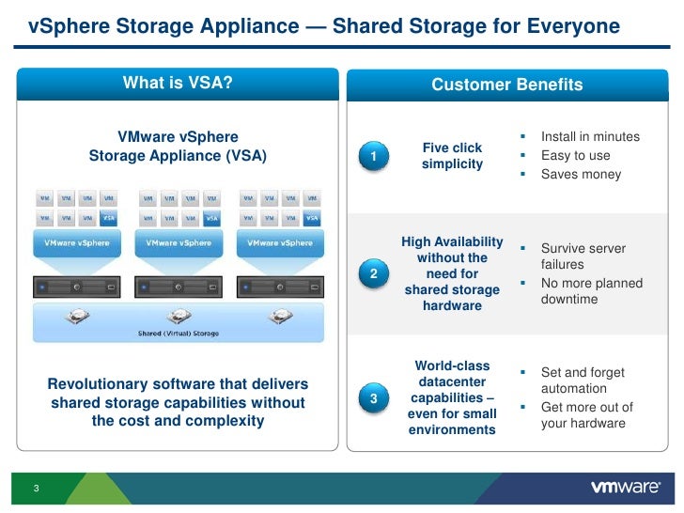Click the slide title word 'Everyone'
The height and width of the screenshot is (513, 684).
click(x=571, y=26)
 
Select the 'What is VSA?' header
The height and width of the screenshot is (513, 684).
click(x=178, y=84)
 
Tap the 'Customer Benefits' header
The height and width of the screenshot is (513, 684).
click(x=506, y=85)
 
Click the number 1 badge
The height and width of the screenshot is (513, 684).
click(x=374, y=156)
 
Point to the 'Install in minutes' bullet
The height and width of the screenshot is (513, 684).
click(x=590, y=137)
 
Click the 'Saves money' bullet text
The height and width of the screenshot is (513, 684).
click(x=581, y=174)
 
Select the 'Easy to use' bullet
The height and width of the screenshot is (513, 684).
click(x=575, y=156)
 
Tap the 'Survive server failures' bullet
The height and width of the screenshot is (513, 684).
click(x=583, y=256)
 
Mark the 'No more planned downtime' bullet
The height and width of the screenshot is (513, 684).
click(x=591, y=291)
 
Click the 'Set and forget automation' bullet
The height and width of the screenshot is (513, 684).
click(x=583, y=381)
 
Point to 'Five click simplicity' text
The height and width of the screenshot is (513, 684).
click(x=452, y=156)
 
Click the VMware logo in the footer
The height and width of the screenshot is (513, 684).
click(x=624, y=488)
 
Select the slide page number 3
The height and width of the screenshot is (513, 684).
click(x=35, y=489)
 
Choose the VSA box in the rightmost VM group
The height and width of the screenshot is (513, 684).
click(x=312, y=218)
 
